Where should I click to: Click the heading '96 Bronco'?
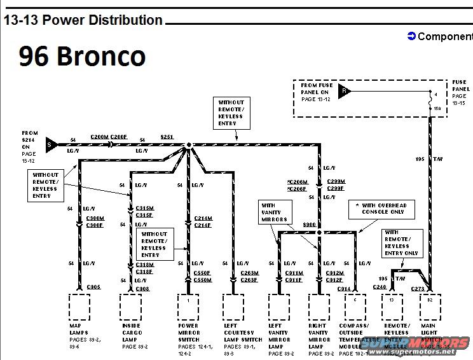[x=82, y=56]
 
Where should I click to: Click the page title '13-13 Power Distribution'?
[x=83, y=20]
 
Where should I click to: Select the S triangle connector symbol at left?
[x=51, y=145]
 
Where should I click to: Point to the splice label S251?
[x=167, y=137]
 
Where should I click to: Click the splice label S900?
[x=310, y=225]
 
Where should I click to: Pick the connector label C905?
[x=93, y=287]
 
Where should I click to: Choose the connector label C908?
[x=143, y=289]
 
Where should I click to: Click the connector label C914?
[x=344, y=289]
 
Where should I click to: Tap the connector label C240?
[x=380, y=287]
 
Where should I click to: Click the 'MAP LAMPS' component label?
[x=79, y=329]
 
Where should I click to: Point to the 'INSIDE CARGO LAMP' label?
[x=131, y=332]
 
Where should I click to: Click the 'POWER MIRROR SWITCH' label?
[x=188, y=332]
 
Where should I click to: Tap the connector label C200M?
[x=99, y=137]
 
